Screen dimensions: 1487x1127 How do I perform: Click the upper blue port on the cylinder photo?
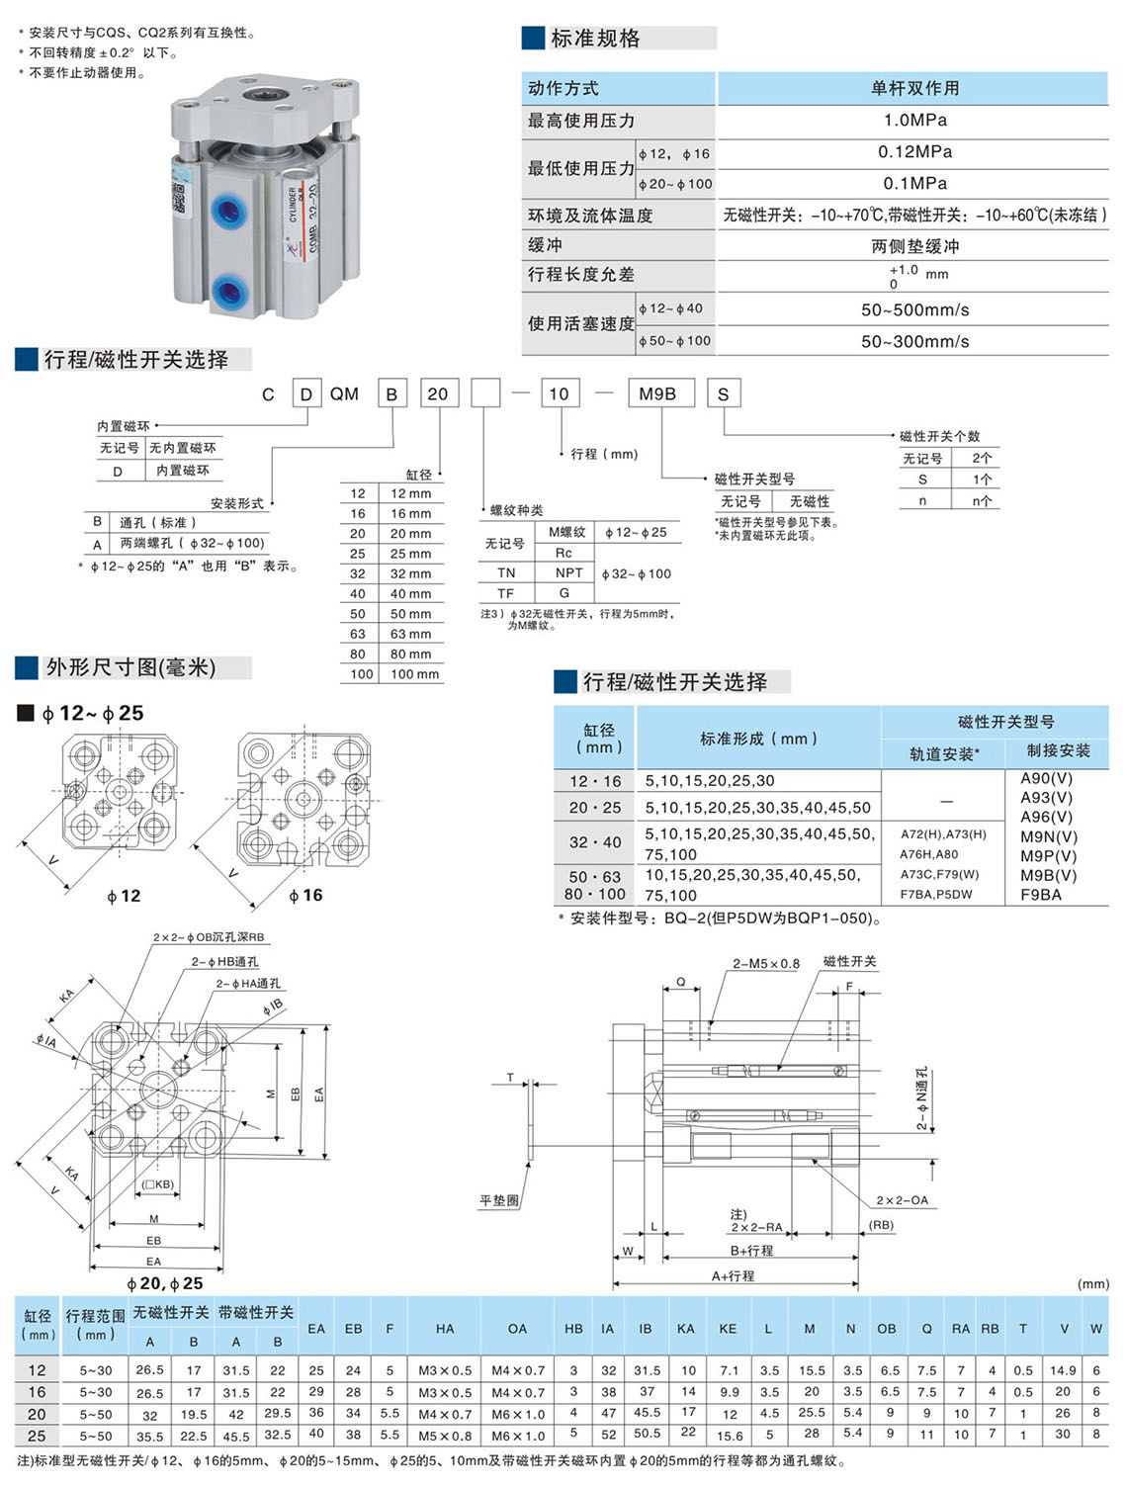tap(230, 212)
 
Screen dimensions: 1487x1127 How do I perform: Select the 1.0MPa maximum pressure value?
tap(914, 121)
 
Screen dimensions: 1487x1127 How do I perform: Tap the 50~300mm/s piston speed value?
tap(914, 341)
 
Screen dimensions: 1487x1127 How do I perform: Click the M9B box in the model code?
tap(658, 394)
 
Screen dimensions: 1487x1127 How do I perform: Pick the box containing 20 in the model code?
tap(437, 394)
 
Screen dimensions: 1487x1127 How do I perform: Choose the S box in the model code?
tap(724, 394)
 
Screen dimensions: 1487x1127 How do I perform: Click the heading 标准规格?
tap(595, 39)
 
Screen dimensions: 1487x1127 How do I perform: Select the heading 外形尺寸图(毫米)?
tap(130, 667)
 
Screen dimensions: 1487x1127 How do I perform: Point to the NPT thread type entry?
tap(568, 573)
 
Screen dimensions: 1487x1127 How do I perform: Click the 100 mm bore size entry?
tap(414, 674)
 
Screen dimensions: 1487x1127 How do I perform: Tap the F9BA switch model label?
tap(1041, 895)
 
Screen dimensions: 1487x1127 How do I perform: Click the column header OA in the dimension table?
tap(517, 1329)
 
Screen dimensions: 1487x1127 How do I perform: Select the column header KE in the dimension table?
tap(728, 1329)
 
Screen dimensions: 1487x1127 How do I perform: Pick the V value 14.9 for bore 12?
tap(1063, 1370)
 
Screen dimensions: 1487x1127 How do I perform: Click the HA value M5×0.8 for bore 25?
tap(445, 1436)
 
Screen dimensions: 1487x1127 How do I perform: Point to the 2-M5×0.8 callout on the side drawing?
tap(765, 963)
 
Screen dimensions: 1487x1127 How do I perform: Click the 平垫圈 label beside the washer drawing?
tap(499, 1200)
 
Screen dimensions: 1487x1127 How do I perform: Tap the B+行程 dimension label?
tap(751, 1251)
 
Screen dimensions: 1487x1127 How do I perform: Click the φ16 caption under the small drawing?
tap(305, 895)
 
